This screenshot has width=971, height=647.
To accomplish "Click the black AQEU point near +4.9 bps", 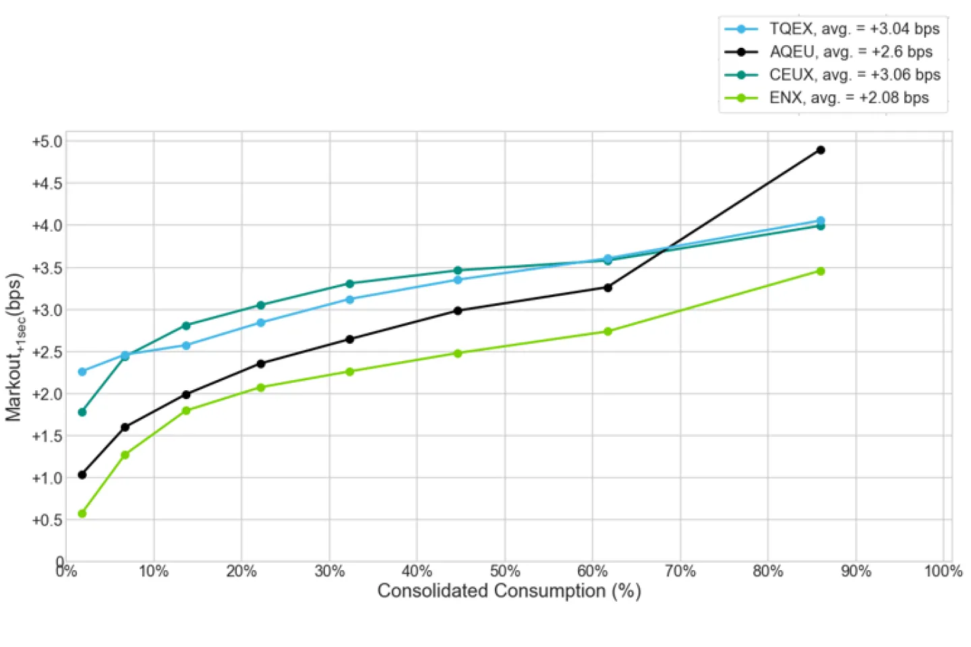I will (820, 150).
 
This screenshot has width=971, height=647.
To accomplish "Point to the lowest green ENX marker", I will (82, 514).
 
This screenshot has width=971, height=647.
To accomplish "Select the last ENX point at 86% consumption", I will (820, 271).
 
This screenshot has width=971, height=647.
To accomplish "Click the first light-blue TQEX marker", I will (82, 371).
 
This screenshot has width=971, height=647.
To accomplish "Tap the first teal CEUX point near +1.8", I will (82, 412).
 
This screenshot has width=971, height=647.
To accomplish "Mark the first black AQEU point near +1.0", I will (82, 474).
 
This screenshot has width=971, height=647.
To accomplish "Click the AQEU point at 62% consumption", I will (608, 288).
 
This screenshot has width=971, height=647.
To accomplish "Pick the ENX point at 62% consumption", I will (608, 332).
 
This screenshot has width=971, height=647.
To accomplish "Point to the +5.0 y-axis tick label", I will (47, 142).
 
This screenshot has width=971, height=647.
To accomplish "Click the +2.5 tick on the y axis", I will (47, 352).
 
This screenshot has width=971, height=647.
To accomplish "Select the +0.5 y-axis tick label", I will (47, 520).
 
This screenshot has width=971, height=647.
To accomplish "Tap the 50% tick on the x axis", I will (505, 572).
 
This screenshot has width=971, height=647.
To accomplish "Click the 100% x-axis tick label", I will (943, 572).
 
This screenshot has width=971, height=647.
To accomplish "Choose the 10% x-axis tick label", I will (154, 572).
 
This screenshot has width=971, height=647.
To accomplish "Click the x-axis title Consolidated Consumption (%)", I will (509, 591).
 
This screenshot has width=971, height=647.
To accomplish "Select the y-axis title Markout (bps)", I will (15, 347).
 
